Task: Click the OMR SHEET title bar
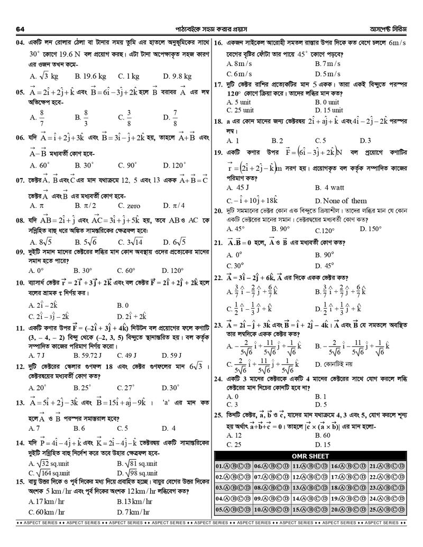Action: point(310,456)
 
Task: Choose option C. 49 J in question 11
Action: point(127,355)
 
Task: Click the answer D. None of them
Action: point(341,201)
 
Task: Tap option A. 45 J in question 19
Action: point(238,188)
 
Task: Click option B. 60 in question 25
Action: point(323,435)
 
